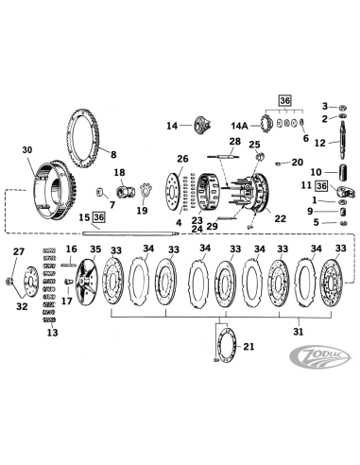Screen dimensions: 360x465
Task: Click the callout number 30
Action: pyautogui.click(x=26, y=150)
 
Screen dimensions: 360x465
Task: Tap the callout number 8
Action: pyautogui.click(x=113, y=155)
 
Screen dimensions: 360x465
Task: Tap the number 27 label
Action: pyautogui.click(x=18, y=251)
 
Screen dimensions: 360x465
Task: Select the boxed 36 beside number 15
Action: pyautogui.click(x=99, y=217)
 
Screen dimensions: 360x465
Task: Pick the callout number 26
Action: pyautogui.click(x=183, y=158)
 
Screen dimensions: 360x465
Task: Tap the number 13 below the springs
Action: pyautogui.click(x=51, y=333)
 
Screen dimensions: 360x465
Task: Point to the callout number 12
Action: pyautogui.click(x=321, y=143)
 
